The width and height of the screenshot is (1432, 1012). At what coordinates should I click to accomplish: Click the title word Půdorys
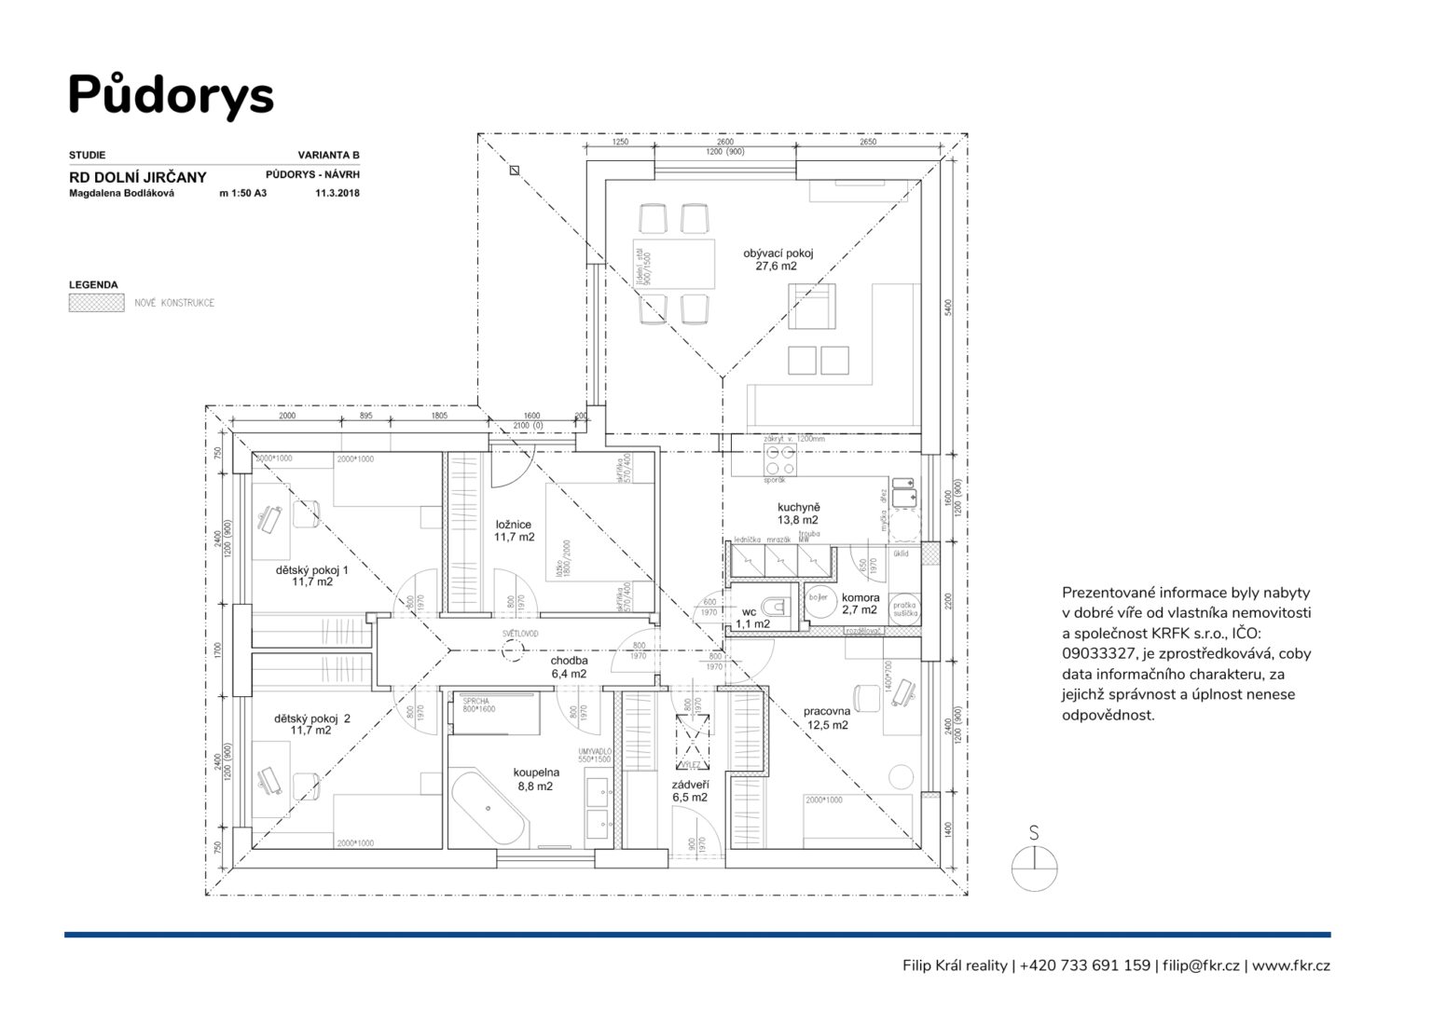tap(171, 94)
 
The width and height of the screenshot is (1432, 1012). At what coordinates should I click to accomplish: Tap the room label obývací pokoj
tap(778, 259)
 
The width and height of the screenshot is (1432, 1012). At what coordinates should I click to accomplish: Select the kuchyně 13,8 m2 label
tap(797, 513)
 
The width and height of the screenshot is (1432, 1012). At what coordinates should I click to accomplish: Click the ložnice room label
tap(514, 530)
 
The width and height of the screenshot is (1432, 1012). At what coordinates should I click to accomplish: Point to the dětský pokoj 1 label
tap(311, 575)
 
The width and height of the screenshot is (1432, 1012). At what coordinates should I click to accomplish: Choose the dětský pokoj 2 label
tap(311, 724)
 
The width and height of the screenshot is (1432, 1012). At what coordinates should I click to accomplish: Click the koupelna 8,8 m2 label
tap(536, 779)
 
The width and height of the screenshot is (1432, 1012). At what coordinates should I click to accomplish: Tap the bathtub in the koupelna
tap(489, 811)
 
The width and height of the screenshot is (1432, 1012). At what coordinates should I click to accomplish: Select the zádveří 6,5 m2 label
tap(690, 790)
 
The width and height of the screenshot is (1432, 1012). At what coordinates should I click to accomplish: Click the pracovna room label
tap(827, 718)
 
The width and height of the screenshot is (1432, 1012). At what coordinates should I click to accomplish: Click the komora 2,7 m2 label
tap(860, 604)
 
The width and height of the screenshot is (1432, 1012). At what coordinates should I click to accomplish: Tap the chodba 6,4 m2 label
tap(569, 667)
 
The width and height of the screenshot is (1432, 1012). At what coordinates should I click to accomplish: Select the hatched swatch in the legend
tap(96, 303)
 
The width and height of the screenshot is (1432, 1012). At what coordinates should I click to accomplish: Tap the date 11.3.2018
tap(337, 194)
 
